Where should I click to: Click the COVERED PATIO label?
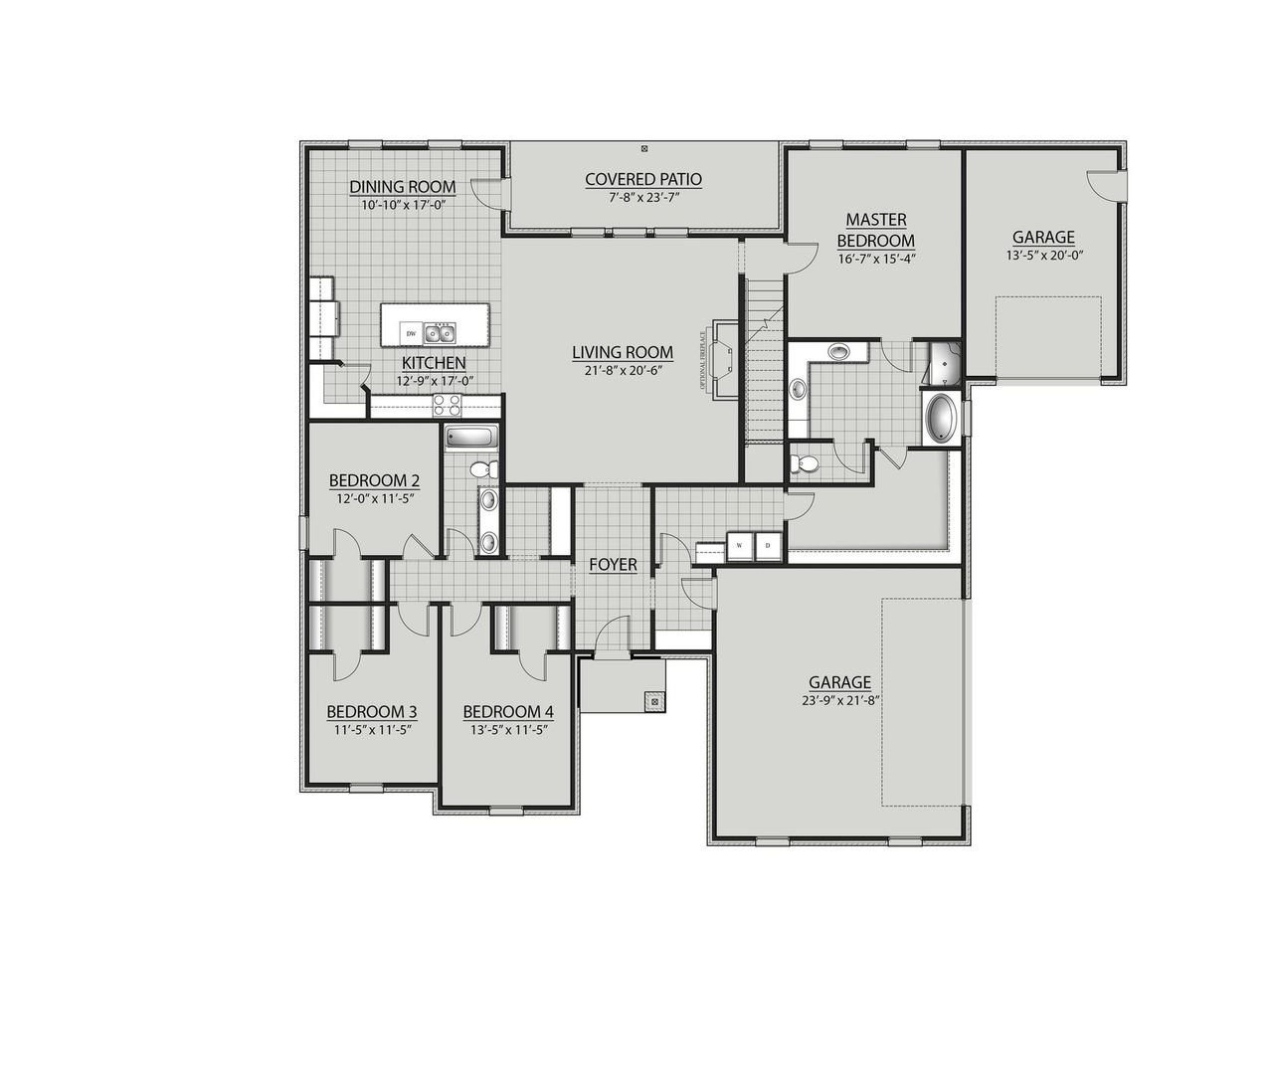(642, 180)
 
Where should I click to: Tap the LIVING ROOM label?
(622, 352)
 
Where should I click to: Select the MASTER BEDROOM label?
(875, 230)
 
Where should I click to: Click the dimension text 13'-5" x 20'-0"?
(1043, 255)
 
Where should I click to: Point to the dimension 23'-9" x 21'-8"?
(839, 699)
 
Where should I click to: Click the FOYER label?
(613, 565)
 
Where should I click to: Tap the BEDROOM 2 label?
(374, 481)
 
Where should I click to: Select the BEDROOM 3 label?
(371, 712)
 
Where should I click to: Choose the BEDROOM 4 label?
(507, 712)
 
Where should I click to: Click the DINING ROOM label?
(402, 187)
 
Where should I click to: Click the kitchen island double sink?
(439, 331)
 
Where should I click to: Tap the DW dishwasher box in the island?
(410, 333)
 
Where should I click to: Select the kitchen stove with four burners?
(448, 405)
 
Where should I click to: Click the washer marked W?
(741, 546)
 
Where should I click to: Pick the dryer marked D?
(768, 546)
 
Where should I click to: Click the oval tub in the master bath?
(939, 418)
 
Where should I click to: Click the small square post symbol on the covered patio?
(644, 149)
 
